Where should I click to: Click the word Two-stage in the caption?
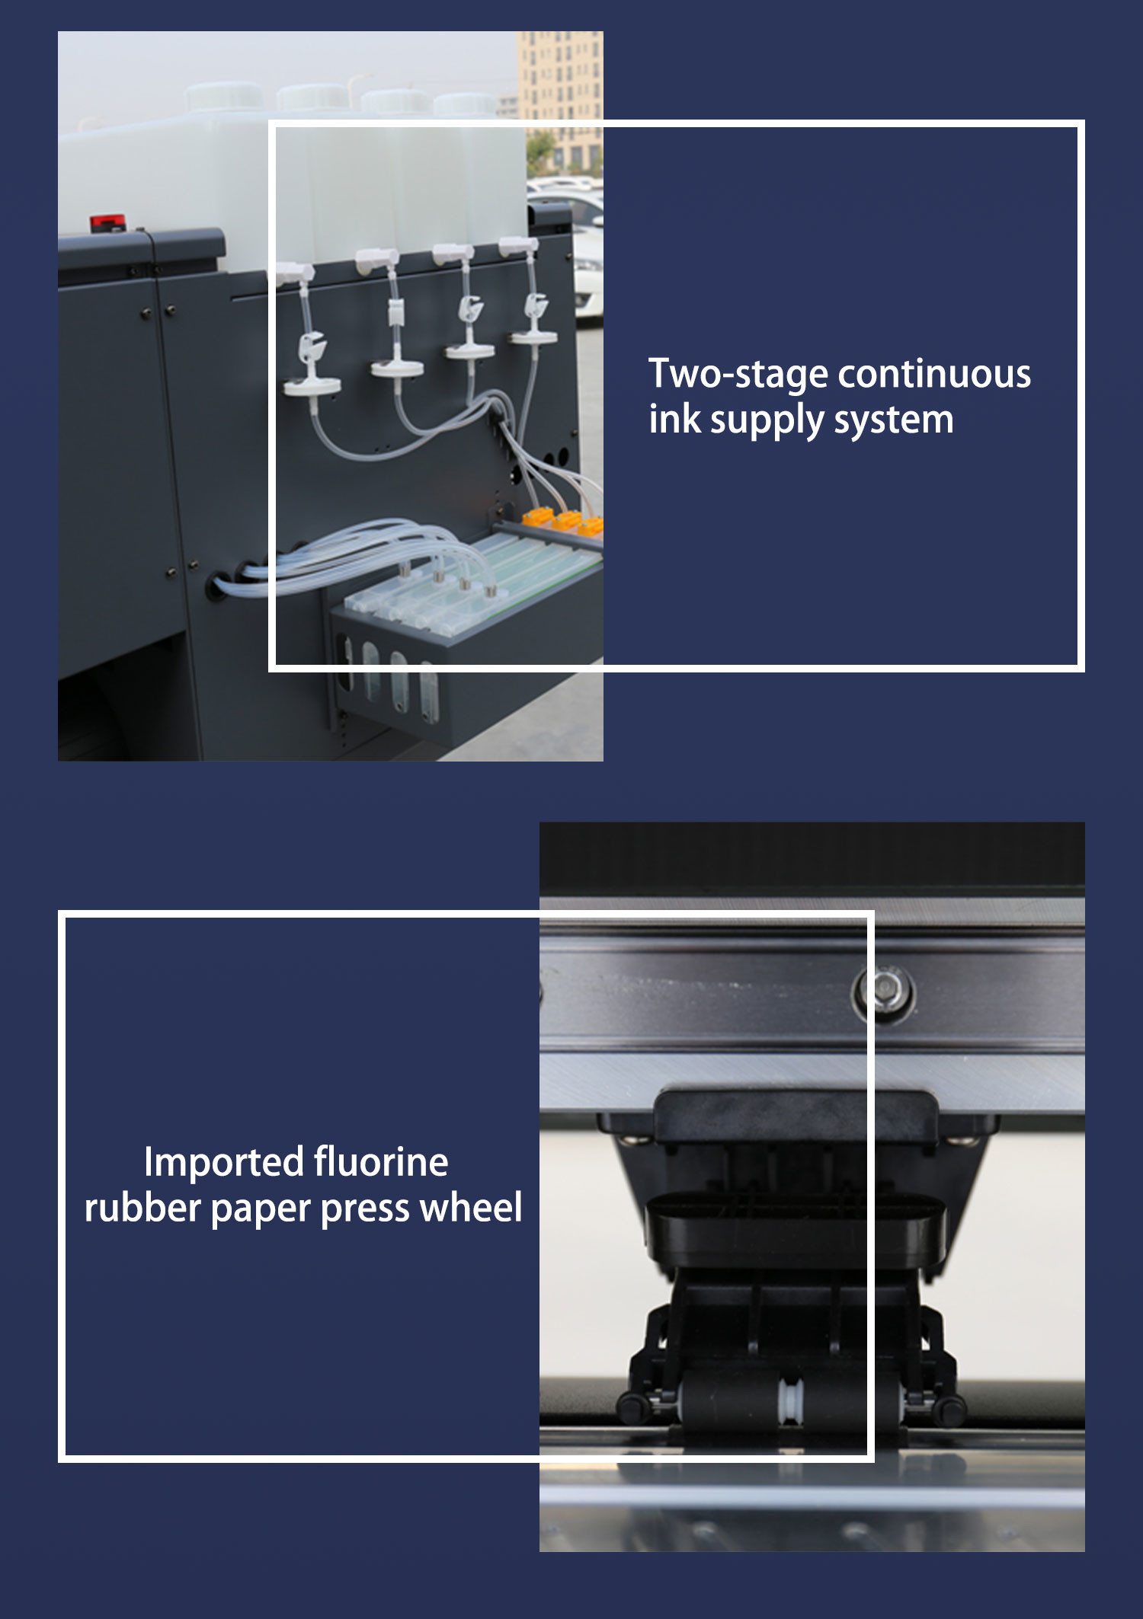[738, 375]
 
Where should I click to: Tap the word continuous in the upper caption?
[934, 374]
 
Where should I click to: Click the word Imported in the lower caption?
[224, 1163]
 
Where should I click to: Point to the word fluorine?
[381, 1162]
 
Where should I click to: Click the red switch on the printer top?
[107, 223]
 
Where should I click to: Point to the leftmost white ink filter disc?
[312, 387]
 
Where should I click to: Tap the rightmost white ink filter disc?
[533, 336]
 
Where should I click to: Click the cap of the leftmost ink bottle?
[223, 95]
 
